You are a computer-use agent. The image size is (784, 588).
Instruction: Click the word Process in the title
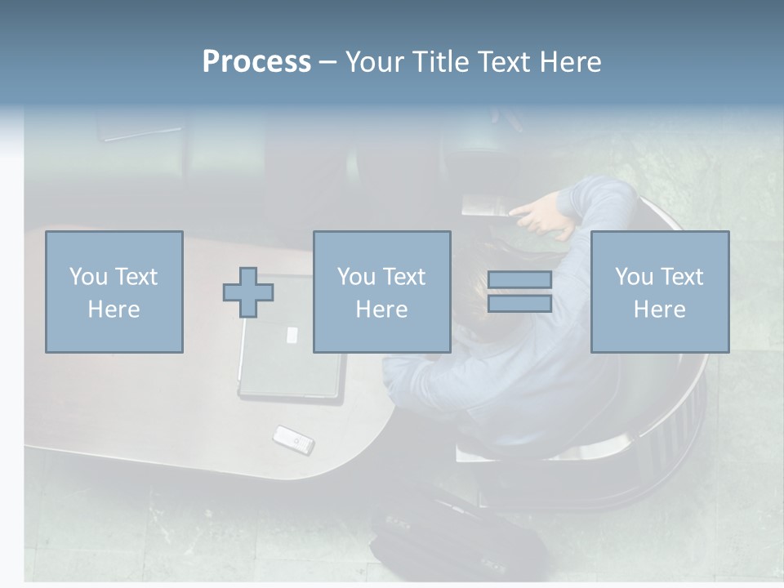coord(256,62)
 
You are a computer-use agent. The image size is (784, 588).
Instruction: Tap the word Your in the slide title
coord(376,62)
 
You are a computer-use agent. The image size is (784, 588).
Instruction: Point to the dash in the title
coord(328,62)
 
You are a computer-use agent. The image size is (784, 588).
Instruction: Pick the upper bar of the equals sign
coord(519,280)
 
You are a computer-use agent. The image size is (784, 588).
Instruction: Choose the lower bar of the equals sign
coord(519,304)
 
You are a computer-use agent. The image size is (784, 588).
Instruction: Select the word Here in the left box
coord(114,310)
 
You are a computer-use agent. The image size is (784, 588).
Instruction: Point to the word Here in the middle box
coord(381,310)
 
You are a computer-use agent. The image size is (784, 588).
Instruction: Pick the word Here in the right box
coord(659,310)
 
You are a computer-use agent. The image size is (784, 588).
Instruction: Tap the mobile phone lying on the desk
coord(293,439)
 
